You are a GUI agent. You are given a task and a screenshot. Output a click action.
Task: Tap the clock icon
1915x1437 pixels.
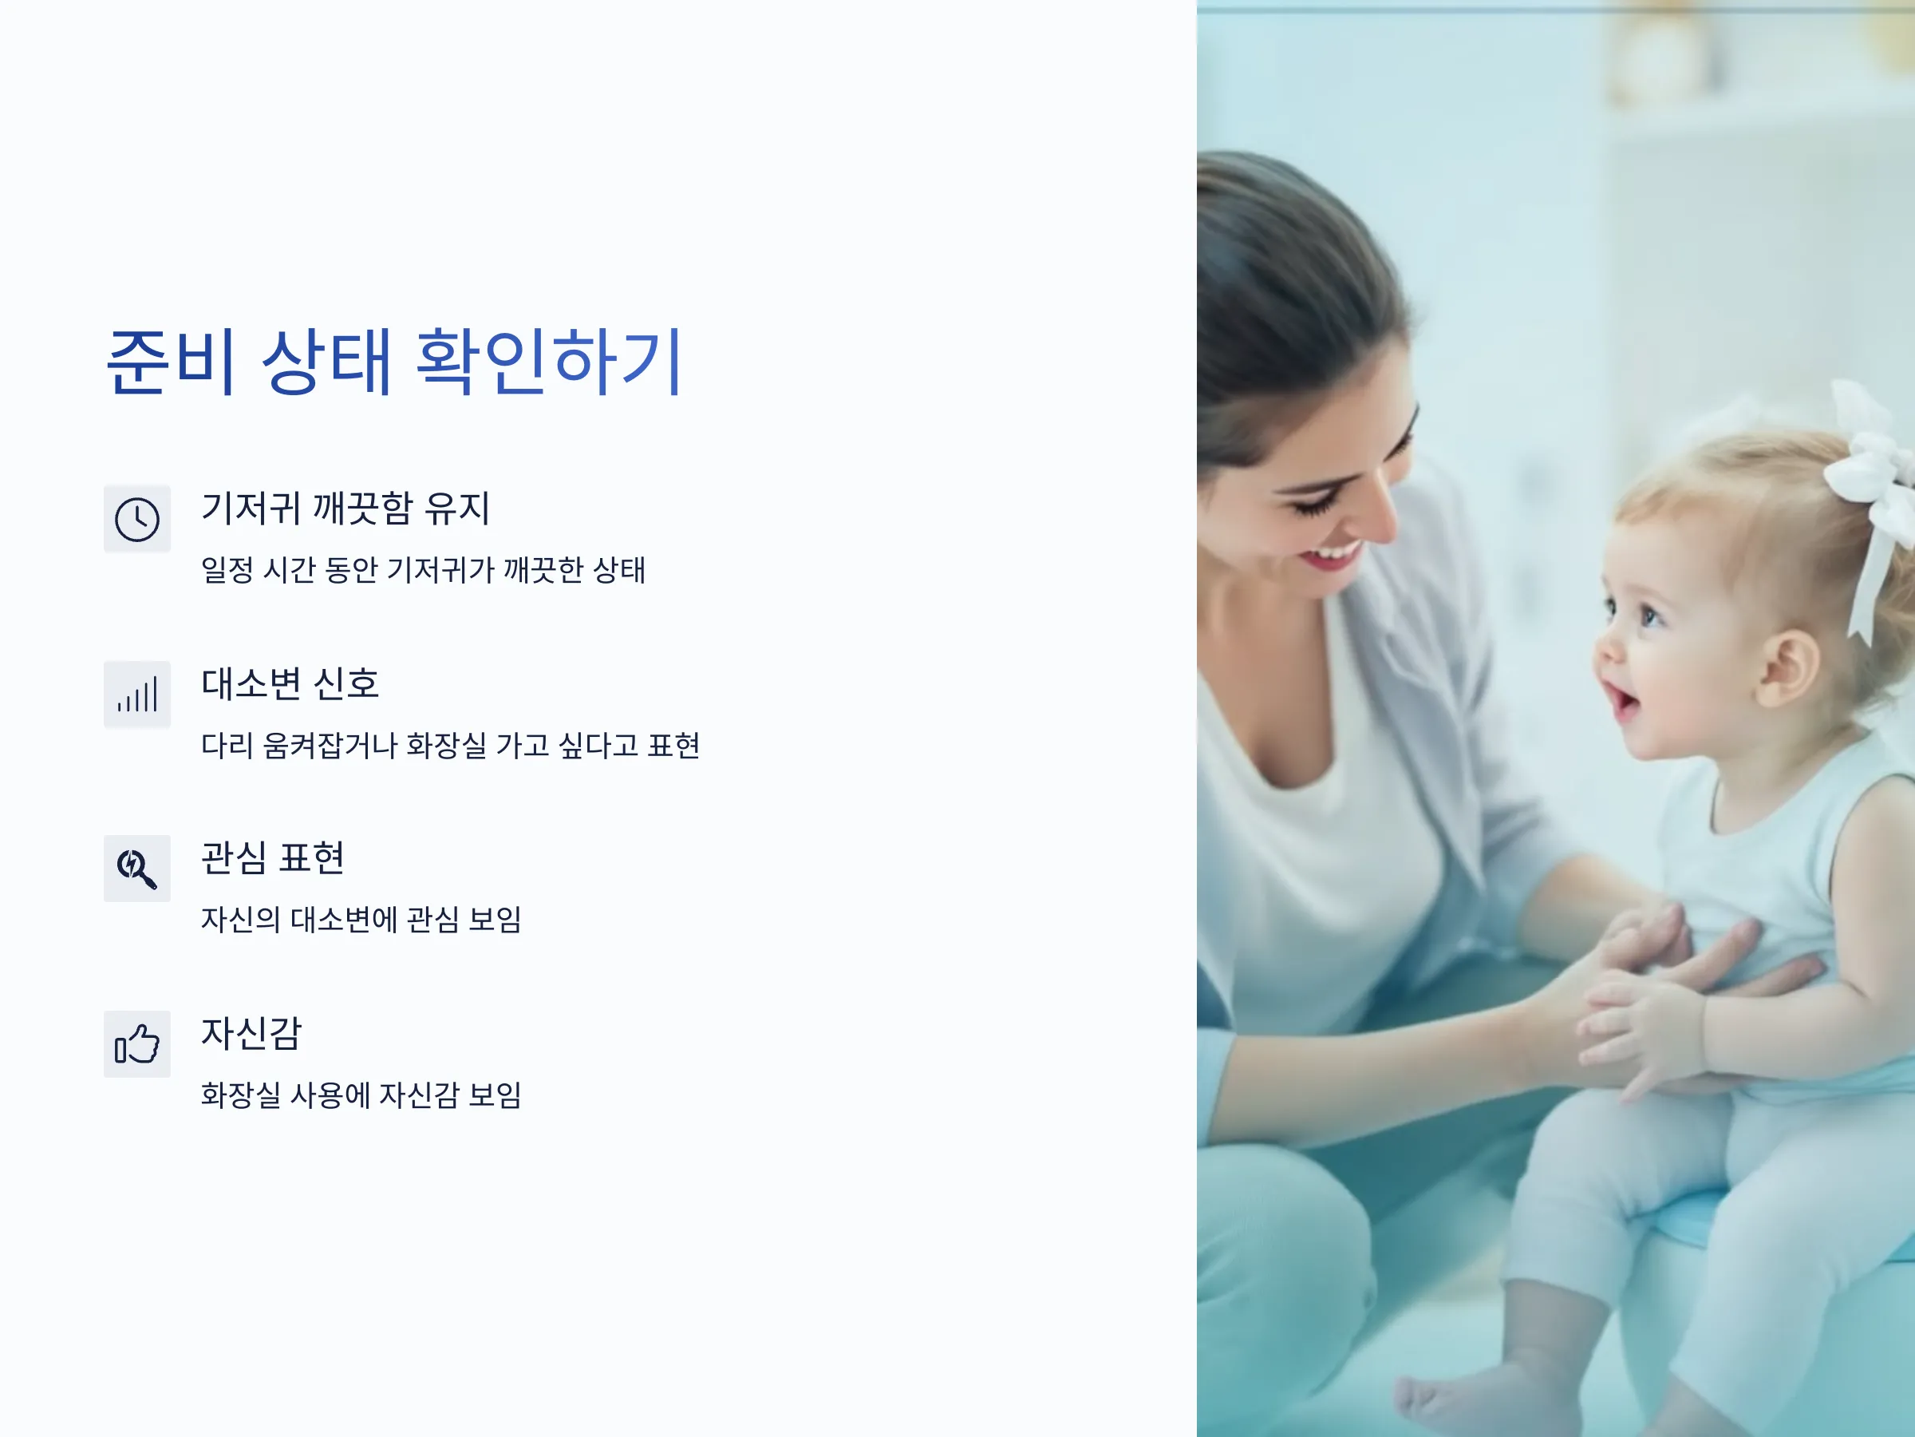pos(136,519)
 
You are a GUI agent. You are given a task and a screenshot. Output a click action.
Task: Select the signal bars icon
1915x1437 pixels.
pos(136,694)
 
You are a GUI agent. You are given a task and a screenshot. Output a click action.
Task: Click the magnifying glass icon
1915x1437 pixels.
pos(136,869)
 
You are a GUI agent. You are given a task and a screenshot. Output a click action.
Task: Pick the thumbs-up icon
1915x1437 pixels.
pos(136,1043)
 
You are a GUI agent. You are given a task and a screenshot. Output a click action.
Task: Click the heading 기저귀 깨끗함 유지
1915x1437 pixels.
pos(345,508)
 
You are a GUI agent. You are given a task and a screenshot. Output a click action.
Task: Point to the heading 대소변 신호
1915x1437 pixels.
pos(290,683)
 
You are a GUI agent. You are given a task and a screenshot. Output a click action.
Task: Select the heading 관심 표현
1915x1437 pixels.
pos(273,857)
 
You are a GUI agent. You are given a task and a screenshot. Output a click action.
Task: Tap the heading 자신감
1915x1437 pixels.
pos(251,1033)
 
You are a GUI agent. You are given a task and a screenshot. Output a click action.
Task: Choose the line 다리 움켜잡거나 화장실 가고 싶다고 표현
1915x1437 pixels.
pos(450,745)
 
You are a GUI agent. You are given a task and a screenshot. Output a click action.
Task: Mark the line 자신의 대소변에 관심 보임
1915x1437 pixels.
pos(361,919)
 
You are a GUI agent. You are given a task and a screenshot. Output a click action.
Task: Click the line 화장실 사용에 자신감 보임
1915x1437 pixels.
pos(361,1095)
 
